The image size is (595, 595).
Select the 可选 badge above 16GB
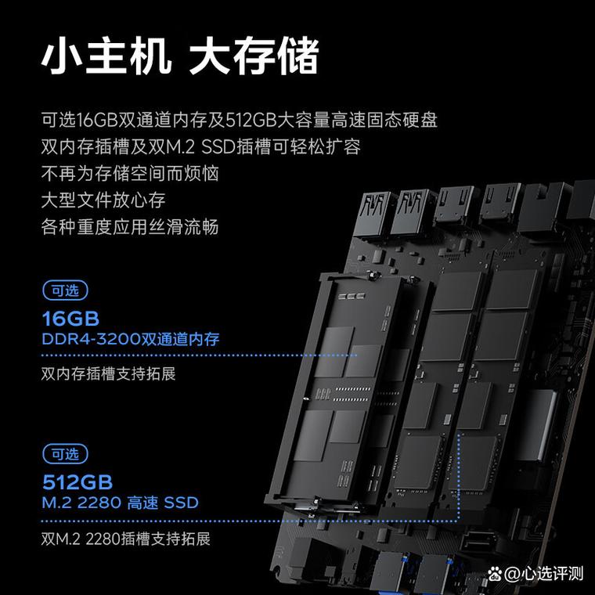point(64,291)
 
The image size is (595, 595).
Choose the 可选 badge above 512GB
point(64,453)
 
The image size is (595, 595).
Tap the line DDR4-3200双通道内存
point(130,340)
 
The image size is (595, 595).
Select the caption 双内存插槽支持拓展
point(108,373)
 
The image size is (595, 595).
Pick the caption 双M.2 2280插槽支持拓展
point(125,539)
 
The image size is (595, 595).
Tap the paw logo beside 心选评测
point(513,573)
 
